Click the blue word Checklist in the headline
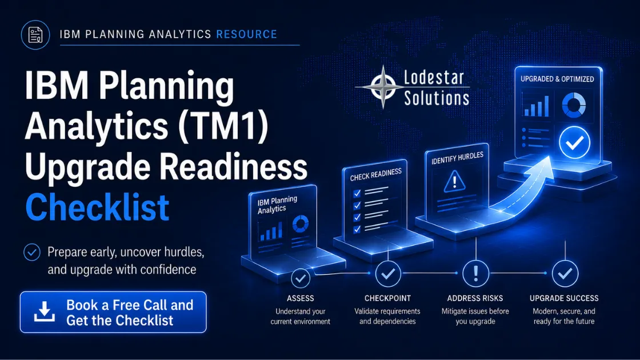(x=97, y=207)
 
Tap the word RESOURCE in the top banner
(x=246, y=34)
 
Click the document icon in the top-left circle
(x=35, y=35)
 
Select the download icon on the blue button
(x=45, y=311)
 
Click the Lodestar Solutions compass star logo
(x=383, y=87)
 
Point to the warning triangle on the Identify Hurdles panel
(x=454, y=181)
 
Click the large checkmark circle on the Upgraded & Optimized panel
(x=574, y=142)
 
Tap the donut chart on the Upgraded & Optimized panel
(x=574, y=105)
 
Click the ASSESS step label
(x=301, y=298)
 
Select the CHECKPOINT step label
(x=387, y=298)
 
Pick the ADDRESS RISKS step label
(x=475, y=298)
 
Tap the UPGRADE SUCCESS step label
(x=564, y=298)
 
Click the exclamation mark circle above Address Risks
(x=475, y=273)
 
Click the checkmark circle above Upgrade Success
(x=565, y=273)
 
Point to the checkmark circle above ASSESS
(x=301, y=278)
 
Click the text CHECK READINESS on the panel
(x=376, y=175)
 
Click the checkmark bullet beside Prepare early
(x=32, y=252)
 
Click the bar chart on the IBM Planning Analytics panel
(x=271, y=231)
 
